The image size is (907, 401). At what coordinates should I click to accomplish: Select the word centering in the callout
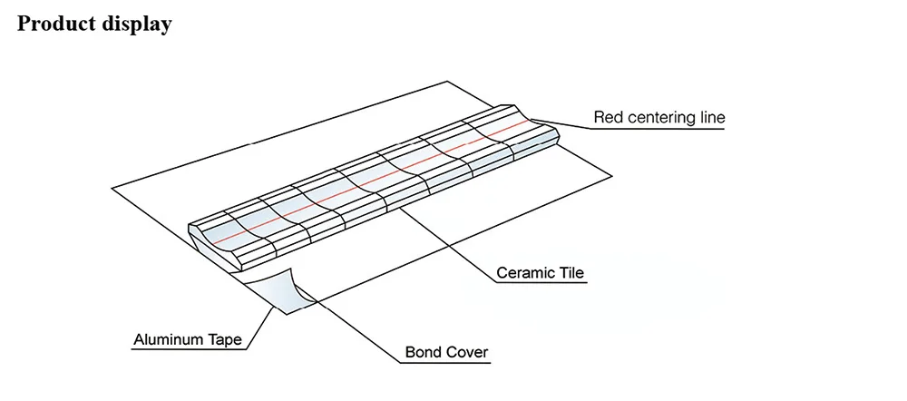[x=662, y=118]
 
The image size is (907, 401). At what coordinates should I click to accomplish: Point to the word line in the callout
[x=713, y=117]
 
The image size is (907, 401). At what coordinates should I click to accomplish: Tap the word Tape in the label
[x=228, y=340]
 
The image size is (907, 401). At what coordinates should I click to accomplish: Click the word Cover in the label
[x=469, y=352]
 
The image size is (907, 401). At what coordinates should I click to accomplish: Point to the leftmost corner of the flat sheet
[x=112, y=188]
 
